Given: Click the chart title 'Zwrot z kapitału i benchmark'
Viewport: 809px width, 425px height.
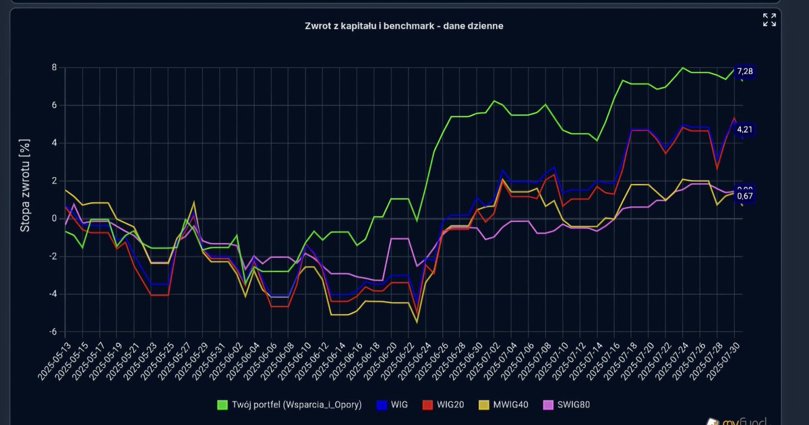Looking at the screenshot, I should [x=403, y=26].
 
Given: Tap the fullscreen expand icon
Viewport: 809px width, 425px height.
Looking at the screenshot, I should [x=769, y=20].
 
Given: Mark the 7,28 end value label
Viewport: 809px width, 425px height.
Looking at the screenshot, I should [x=745, y=71].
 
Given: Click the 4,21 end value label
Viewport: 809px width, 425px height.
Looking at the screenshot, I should [x=745, y=129].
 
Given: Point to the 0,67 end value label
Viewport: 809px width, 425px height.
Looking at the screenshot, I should [x=745, y=196].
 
